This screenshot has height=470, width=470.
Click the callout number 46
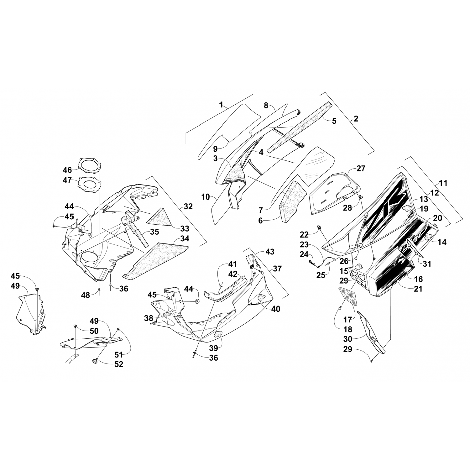(x=67, y=170)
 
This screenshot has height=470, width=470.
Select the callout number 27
(x=361, y=169)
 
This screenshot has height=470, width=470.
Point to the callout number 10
(x=206, y=197)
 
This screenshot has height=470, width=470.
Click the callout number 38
(x=149, y=318)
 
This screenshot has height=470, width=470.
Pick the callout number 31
(x=427, y=264)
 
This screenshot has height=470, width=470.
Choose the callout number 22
(x=304, y=234)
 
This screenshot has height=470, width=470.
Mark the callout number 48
(x=86, y=295)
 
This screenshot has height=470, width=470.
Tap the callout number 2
(x=356, y=119)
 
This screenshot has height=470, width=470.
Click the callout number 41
(x=232, y=264)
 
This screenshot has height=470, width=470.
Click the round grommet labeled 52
(x=94, y=362)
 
